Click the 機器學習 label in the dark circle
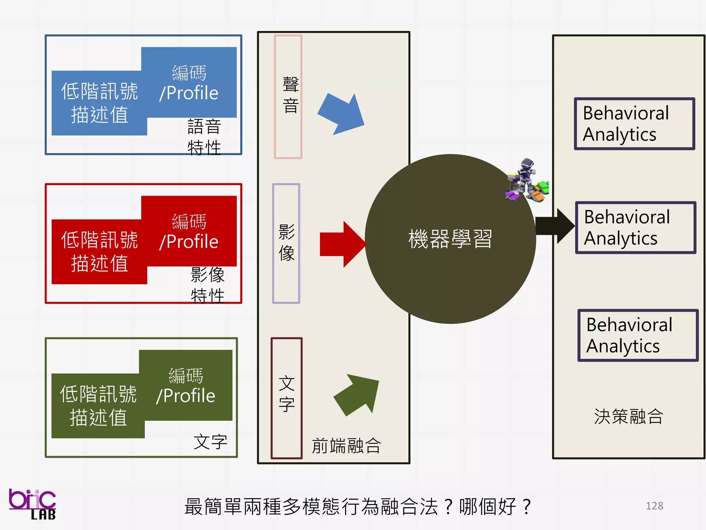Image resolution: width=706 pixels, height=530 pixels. (450, 239)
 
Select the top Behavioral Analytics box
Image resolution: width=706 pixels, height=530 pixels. (634, 124)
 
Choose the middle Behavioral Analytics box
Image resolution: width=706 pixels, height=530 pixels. (635, 228)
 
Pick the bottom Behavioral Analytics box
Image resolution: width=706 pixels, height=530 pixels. (637, 335)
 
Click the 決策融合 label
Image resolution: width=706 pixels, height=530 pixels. (628, 416)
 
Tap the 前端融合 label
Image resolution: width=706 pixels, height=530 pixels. (346, 446)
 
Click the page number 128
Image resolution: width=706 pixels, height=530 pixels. (654, 506)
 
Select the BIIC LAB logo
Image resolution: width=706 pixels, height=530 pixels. (32, 504)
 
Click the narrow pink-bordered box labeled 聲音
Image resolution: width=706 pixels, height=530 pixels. (288, 97)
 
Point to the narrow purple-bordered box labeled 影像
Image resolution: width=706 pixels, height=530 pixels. (286, 243)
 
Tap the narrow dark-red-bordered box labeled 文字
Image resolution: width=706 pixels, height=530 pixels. (286, 398)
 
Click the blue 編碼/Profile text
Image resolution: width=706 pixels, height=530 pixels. (189, 83)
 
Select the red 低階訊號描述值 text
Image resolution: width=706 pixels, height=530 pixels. (99, 252)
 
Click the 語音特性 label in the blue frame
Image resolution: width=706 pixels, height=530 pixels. (204, 137)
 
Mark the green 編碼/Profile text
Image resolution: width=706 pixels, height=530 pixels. (186, 386)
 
